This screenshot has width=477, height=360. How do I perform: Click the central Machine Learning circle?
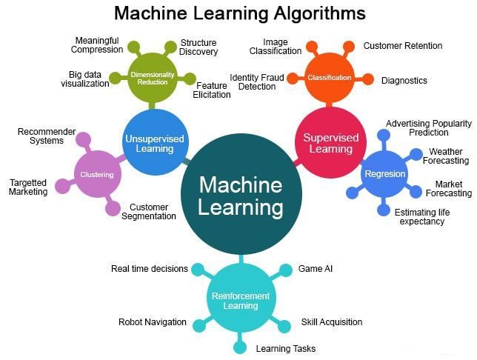[x=241, y=194]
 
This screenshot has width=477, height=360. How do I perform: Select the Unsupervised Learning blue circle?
[x=155, y=143]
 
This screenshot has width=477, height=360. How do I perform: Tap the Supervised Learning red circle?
[x=330, y=142]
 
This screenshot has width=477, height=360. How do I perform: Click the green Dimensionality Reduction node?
[x=152, y=79]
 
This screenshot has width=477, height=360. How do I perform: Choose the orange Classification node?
[x=330, y=78]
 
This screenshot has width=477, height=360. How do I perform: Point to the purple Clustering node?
[x=97, y=174]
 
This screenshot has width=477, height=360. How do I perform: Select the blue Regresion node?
[x=385, y=174]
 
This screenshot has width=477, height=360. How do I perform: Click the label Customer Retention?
[x=403, y=46]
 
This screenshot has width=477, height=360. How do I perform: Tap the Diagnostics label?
[x=404, y=81]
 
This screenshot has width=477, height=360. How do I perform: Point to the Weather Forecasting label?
[x=446, y=156]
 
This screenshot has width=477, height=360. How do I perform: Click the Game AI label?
[x=316, y=269]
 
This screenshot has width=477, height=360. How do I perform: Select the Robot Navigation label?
[x=153, y=322]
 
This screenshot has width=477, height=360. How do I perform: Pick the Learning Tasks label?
[x=286, y=349]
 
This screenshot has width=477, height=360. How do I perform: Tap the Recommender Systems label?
[x=47, y=136]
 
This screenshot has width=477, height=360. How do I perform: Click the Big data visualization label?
[x=85, y=79]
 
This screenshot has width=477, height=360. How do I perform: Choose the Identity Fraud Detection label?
[x=257, y=82]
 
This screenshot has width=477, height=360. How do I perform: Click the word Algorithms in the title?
[x=320, y=13]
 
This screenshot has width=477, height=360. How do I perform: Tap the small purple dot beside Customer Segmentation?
[x=113, y=208]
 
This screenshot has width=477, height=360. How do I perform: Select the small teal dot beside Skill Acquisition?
[x=284, y=326]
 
